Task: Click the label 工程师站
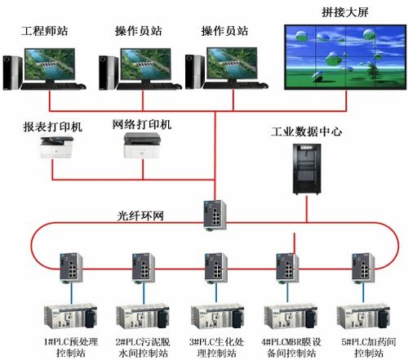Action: tap(44, 31)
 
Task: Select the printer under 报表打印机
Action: tap(56, 150)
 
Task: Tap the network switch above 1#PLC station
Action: tap(67, 264)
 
